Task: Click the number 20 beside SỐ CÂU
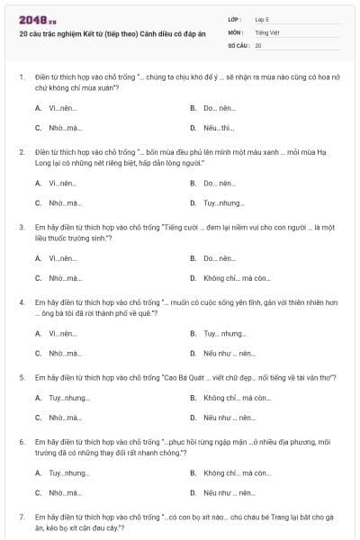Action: [x=258, y=44]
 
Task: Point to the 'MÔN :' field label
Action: [x=237, y=31]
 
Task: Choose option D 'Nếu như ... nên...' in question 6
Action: [x=229, y=492]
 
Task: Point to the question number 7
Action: [x=22, y=517]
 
